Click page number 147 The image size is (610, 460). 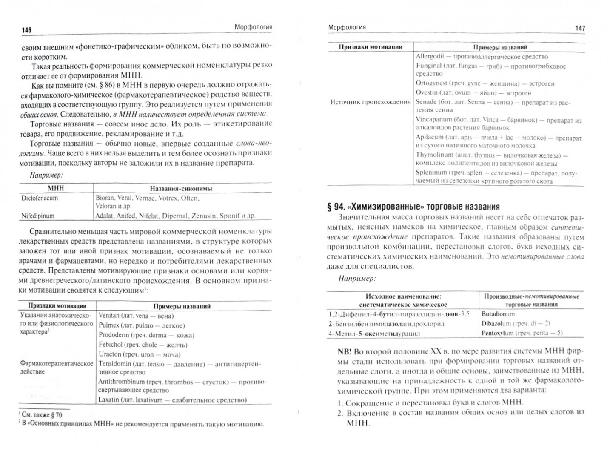coord(580,29)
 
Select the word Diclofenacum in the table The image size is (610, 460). coord(40,198)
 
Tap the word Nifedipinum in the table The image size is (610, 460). coord(38,216)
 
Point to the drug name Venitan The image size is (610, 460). coord(109,316)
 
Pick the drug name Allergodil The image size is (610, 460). coord(431,57)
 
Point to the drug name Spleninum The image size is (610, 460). coord(431,172)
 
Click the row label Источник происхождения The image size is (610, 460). coord(371,102)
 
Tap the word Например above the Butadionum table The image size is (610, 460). coord(357,279)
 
